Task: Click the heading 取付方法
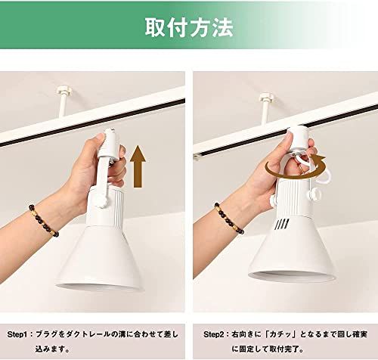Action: [189, 26]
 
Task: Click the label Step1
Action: [19, 333]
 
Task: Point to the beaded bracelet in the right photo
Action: [226, 219]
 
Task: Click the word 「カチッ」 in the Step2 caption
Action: [273, 333]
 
